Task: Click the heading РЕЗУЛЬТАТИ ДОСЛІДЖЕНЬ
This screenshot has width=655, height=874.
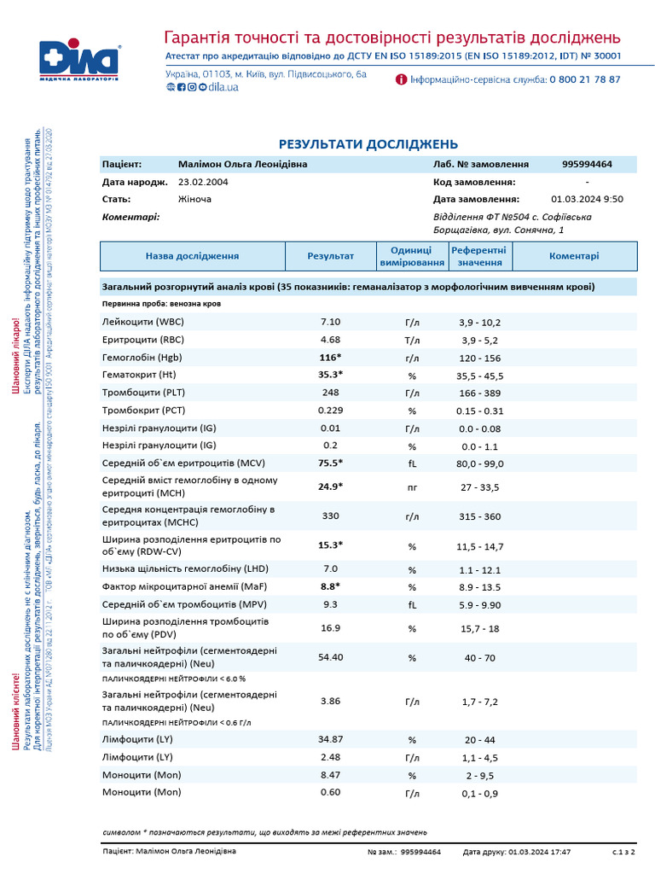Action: (368, 144)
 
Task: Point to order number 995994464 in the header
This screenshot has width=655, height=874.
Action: (587, 164)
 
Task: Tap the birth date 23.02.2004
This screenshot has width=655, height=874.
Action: (203, 182)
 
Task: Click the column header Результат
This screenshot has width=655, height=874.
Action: (330, 255)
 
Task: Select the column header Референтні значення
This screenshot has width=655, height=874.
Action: (478, 255)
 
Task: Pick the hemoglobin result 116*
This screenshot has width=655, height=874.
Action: (330, 357)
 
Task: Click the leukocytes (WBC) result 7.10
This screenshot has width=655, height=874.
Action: (330, 322)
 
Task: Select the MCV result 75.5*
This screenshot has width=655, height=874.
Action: (330, 463)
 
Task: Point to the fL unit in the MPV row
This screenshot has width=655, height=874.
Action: (412, 604)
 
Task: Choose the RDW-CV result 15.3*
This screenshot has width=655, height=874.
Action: (330, 545)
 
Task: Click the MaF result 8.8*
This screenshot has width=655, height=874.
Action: (330, 586)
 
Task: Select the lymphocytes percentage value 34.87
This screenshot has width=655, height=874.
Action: (330, 739)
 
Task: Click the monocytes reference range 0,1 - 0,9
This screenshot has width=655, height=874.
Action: (480, 793)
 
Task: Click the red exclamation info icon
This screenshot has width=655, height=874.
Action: (401, 79)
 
